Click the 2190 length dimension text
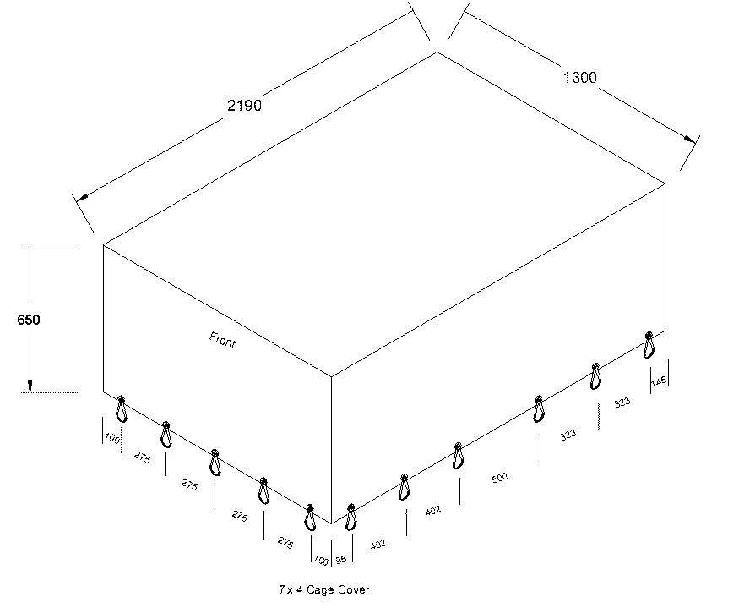[x=245, y=106]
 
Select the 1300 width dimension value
[x=579, y=78]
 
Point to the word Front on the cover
[x=222, y=340]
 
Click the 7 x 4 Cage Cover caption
[x=324, y=589]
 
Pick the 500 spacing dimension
[x=499, y=479]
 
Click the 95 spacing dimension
[x=341, y=559]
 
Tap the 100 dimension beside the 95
[x=321, y=559]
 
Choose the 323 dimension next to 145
[x=622, y=403]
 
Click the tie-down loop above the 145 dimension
[x=649, y=344]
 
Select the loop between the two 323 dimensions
[x=595, y=375]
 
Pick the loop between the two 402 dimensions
[x=405, y=487]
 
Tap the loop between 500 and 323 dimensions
[x=538, y=408]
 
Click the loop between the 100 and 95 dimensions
[x=310, y=517]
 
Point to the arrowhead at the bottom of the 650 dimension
[x=30, y=385]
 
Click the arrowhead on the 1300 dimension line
[x=689, y=139]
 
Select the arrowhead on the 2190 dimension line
[x=82, y=200]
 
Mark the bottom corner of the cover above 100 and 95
[x=331, y=524]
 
